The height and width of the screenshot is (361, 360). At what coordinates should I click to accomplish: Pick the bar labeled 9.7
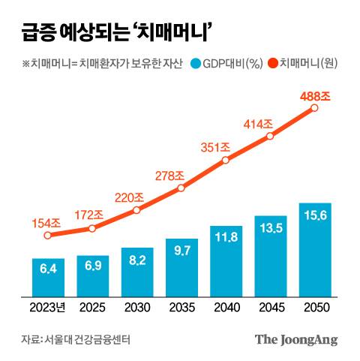click(181, 267)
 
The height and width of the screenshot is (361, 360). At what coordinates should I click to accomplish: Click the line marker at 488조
click(314, 108)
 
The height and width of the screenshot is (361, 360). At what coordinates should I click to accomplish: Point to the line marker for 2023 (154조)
click(48, 235)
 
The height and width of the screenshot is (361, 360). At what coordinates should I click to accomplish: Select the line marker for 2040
click(225, 160)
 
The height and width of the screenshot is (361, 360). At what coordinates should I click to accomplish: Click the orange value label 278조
click(169, 175)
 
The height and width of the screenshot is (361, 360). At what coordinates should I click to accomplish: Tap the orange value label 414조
click(257, 122)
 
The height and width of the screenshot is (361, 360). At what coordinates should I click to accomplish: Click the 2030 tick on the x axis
click(136, 308)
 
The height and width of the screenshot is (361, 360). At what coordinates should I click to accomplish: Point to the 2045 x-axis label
click(270, 308)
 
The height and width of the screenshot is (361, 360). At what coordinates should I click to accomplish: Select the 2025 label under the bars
click(92, 308)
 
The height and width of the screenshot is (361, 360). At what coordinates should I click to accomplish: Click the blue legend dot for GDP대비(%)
click(197, 64)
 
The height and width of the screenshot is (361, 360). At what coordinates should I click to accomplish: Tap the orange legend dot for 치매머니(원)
click(271, 64)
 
